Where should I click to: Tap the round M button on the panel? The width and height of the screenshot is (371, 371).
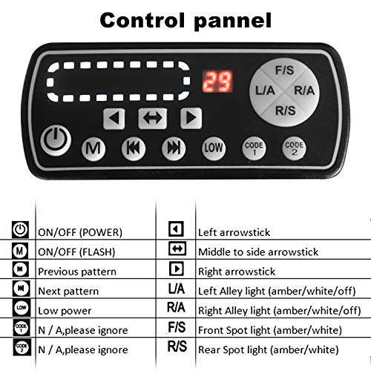tap(93, 148)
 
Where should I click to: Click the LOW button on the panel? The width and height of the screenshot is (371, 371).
tap(214, 148)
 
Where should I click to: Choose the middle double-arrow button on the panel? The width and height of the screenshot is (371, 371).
tap(152, 116)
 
